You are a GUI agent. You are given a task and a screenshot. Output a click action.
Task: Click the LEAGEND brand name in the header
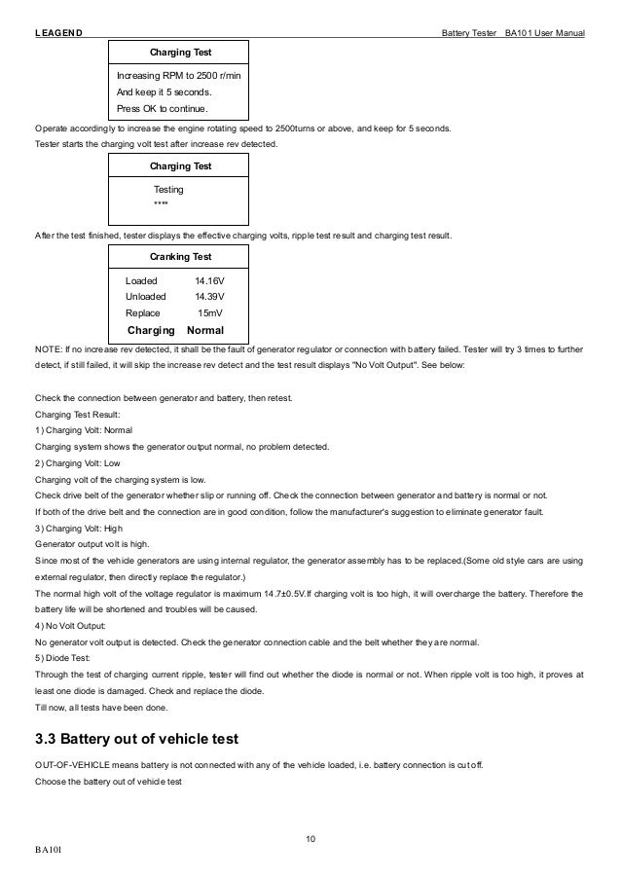pyautogui.click(x=58, y=35)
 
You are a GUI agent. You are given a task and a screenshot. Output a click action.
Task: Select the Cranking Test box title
pyautogui.click(x=180, y=256)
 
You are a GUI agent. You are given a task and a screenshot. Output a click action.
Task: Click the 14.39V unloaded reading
pyautogui.click(x=209, y=296)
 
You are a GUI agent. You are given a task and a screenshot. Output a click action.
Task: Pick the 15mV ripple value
pyautogui.click(x=211, y=313)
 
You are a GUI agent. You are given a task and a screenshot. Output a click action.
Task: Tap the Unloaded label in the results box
pyautogui.click(x=146, y=296)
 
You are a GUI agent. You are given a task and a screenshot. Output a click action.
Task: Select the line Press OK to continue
pyautogui.click(x=162, y=109)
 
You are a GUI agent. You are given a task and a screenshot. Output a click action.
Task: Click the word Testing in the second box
pyautogui.click(x=168, y=189)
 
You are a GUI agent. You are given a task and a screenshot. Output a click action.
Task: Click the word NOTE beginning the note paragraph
pyautogui.click(x=46, y=348)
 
